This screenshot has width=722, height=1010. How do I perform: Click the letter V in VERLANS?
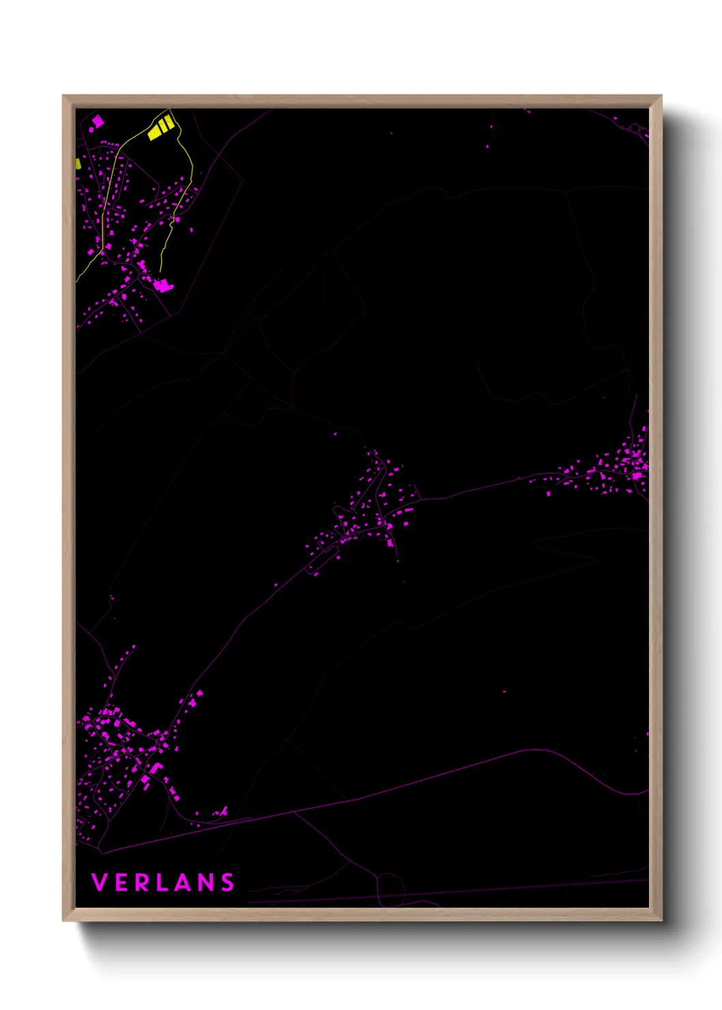tap(99, 882)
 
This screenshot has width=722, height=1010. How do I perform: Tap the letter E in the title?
tap(121, 882)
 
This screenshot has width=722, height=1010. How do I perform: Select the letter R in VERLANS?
tap(143, 882)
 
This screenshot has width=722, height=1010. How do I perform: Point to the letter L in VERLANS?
tap(164, 882)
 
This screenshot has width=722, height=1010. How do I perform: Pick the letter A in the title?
tap(185, 882)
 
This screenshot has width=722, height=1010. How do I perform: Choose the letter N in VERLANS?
tap(207, 882)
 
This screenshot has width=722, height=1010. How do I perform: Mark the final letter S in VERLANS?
tap(228, 882)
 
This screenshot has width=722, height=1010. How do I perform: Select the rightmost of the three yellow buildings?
tap(169, 122)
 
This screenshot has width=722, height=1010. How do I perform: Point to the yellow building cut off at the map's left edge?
tap(78, 164)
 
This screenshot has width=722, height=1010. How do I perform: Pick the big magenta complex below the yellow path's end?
tap(162, 285)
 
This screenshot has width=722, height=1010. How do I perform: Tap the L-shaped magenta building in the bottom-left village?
tap(156, 768)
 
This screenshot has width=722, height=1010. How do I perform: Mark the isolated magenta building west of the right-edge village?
tap(548, 493)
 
